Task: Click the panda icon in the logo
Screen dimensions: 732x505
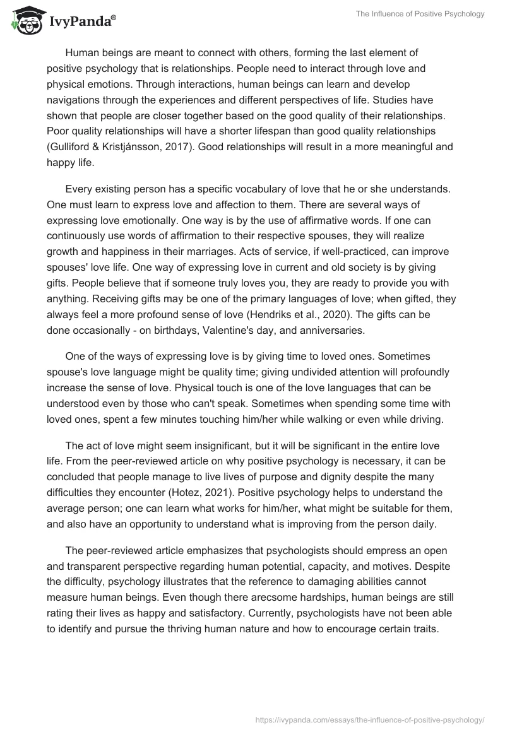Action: pos(25,21)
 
